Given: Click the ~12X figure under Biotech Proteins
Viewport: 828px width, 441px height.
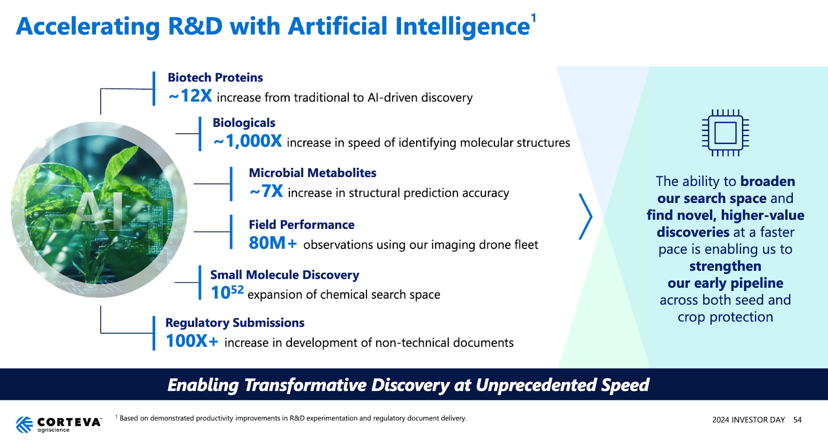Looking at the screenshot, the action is [x=190, y=96].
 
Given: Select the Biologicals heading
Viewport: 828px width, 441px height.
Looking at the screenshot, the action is [x=244, y=123].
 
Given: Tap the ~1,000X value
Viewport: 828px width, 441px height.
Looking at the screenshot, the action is [x=247, y=141].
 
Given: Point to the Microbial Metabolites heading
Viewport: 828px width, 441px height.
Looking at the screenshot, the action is [x=313, y=173].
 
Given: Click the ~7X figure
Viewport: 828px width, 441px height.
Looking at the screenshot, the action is [x=266, y=191].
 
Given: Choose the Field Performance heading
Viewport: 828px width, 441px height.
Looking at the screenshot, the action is [x=301, y=224].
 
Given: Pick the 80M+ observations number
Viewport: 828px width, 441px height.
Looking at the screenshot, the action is [x=273, y=243].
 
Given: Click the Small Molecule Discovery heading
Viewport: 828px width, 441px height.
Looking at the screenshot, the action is [x=285, y=275].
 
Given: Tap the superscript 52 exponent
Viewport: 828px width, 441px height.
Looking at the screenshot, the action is [x=237, y=289].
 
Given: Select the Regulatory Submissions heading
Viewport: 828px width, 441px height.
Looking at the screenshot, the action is [x=235, y=322].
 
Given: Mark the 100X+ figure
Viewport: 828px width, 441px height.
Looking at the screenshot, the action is [x=191, y=341].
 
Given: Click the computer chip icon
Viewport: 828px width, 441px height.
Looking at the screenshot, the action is [x=725, y=133].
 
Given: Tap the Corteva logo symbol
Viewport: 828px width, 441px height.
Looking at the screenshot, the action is [x=24, y=424].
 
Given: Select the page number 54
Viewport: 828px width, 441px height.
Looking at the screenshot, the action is [x=797, y=420].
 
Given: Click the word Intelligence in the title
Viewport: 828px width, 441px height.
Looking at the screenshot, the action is [x=463, y=26].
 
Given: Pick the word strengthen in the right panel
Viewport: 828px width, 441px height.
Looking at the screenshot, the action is [x=725, y=266].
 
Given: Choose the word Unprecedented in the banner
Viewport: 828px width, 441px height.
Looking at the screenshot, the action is [x=536, y=385].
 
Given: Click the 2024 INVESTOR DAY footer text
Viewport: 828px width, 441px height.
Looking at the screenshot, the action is [x=748, y=420].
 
